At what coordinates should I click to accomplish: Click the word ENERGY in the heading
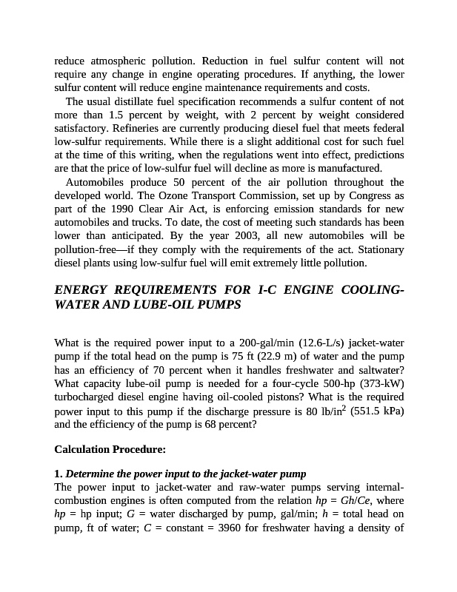pyautogui.click(x=81, y=289)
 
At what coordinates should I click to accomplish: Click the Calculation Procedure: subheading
pyautogui.click(x=110, y=449)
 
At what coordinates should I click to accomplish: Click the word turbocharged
pyautogui.click(x=87, y=396)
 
